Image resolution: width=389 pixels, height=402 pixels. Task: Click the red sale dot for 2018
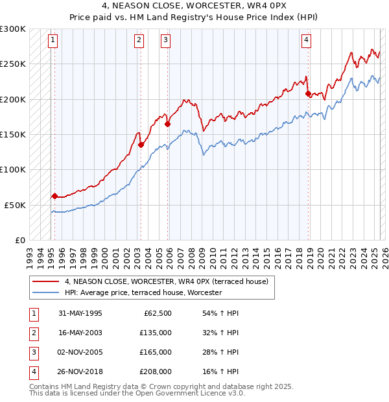(308, 93)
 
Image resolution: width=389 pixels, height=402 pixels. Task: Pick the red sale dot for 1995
(54, 196)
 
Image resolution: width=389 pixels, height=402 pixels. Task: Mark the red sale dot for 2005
(167, 124)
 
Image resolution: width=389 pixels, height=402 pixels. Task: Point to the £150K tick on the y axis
(14, 135)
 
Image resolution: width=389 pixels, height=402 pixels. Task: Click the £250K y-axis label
(14, 64)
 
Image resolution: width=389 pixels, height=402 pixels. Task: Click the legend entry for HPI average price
(143, 293)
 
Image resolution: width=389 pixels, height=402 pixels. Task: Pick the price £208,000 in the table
(156, 372)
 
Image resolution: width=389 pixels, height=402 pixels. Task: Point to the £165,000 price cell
(156, 352)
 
